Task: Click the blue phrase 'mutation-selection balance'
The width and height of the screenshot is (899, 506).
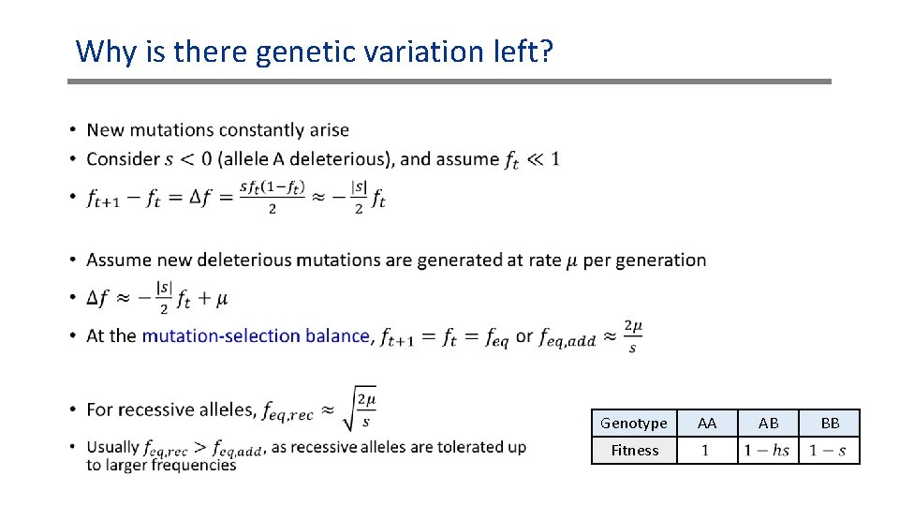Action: click(x=255, y=335)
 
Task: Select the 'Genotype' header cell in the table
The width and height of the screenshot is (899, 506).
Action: click(x=634, y=424)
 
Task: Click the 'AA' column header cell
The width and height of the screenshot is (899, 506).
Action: click(x=707, y=424)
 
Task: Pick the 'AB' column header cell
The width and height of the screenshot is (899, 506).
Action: click(x=768, y=424)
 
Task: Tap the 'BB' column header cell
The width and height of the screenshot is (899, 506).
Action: click(x=830, y=424)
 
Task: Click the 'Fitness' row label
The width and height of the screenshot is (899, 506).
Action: click(x=634, y=451)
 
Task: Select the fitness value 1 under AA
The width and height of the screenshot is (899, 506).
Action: click(x=706, y=451)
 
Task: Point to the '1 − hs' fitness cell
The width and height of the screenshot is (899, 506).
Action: click(x=767, y=451)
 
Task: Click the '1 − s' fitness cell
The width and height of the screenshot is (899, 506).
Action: click(x=829, y=451)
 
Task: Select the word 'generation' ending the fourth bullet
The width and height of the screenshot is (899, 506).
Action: click(x=662, y=260)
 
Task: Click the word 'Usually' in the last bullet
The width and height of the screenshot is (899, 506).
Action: click(x=112, y=447)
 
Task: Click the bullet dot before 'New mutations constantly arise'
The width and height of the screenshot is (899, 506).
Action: click(x=72, y=130)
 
